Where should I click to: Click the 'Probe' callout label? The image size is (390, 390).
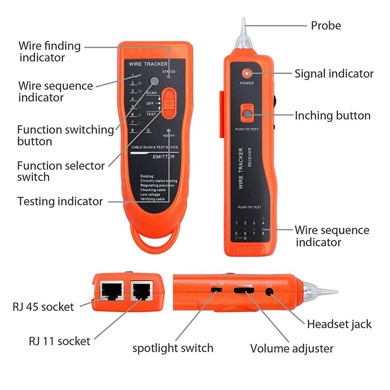(326, 26)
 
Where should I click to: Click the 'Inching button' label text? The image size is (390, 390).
(332, 115)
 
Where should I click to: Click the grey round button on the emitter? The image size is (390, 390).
(154, 82)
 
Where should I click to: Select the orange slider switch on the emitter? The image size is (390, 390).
(168, 103)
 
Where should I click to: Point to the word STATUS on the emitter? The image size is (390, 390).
(169, 72)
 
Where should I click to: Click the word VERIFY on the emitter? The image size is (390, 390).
(168, 135)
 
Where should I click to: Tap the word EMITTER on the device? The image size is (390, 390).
(164, 157)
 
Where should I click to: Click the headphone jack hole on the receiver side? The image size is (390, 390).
(269, 291)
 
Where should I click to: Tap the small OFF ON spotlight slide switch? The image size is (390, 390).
(214, 290)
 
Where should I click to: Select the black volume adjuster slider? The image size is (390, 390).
(244, 290)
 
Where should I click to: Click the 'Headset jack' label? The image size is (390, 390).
(339, 324)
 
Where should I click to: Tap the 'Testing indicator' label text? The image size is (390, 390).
(60, 202)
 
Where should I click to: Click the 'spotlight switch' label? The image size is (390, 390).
(173, 348)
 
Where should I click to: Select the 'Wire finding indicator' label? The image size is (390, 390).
(49, 51)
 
